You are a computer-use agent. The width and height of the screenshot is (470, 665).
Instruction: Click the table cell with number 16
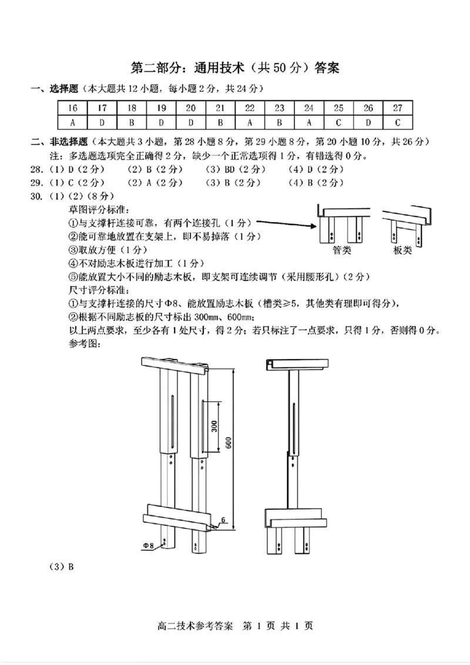tap(73, 108)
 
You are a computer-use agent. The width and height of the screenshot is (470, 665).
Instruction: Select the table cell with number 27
tap(398, 108)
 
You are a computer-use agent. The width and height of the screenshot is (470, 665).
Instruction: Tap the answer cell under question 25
tap(338, 123)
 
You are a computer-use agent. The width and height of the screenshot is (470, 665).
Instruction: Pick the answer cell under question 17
tap(102, 123)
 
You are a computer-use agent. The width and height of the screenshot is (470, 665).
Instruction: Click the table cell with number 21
tap(220, 108)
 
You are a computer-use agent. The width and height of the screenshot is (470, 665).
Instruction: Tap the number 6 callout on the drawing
tap(223, 519)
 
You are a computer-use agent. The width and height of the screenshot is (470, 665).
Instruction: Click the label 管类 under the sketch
tap(342, 251)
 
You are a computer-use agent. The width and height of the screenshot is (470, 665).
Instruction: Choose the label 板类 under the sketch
tap(402, 251)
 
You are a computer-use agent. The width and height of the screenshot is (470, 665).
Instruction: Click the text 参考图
tap(83, 344)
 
